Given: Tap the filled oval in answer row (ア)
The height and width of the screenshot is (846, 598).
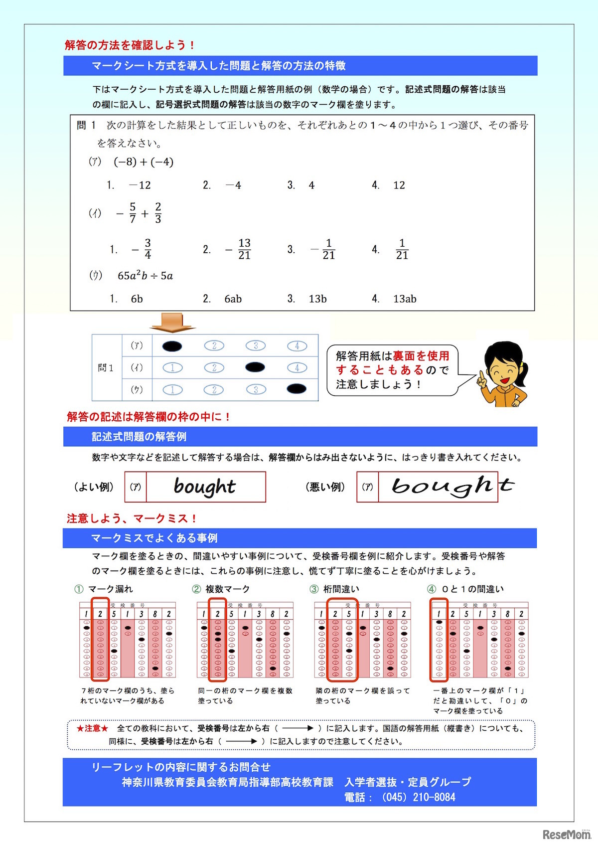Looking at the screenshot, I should coord(172,346).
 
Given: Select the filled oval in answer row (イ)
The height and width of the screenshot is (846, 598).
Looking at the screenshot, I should coord(256,367).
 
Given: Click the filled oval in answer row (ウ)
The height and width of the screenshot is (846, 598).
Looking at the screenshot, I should coord(297,389).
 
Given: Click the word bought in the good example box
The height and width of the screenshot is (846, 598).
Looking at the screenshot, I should coord(205,487).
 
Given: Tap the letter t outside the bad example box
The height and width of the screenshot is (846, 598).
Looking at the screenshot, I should coord(507,485).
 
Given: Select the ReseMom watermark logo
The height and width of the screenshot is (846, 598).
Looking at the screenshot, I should coord(566,834).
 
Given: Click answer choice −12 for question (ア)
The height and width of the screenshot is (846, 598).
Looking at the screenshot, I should coord(140,185).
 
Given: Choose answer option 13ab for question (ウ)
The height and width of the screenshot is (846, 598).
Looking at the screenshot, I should coord(404,299).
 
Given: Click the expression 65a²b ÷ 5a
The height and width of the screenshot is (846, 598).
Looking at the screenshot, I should coord(145,276).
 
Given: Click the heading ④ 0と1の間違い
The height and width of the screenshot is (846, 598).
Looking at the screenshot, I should coord(465,589).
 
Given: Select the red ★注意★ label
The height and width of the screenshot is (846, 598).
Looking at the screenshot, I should coord(92,728).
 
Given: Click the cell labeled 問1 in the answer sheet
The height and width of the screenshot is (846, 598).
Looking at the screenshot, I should coord(106,368).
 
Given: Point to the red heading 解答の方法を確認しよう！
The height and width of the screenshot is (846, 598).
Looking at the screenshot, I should coord(130,45).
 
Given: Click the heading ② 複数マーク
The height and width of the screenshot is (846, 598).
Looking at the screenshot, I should coord(221,589).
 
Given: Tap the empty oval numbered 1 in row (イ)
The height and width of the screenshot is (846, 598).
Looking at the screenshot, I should coord(172,368).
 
